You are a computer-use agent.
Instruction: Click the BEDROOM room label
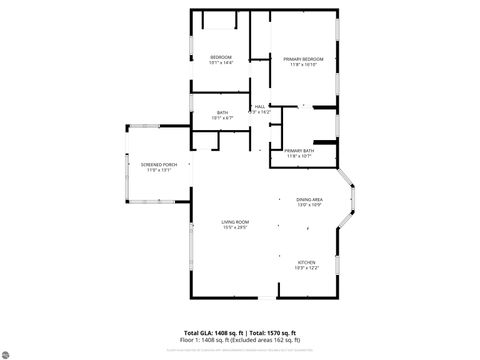coord(221,57)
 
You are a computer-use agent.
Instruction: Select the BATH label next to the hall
coord(222,112)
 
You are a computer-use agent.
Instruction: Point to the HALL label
coord(260,107)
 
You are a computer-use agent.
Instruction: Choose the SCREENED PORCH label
coord(159,164)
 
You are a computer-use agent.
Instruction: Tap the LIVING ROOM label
coord(236,221)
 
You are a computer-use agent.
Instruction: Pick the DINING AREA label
coord(310,200)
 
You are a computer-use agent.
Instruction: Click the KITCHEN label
coord(306,263)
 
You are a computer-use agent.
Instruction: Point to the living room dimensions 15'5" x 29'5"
coord(236,227)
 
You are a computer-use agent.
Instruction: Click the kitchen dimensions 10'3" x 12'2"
coord(306,269)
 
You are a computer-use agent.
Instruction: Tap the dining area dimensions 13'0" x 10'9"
coord(310,206)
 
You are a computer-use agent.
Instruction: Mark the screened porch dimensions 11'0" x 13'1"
coord(159,170)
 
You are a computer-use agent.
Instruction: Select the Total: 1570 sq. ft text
coord(275,332)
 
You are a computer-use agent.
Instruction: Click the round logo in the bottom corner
coord(9,351)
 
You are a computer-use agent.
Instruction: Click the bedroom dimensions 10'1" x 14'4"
coord(221,63)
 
